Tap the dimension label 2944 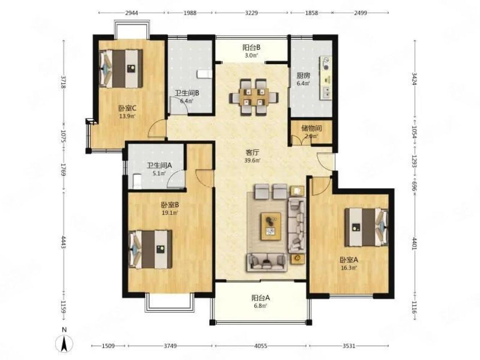coord(131,13)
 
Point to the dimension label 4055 coord(261,346)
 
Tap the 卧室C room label coord(127,108)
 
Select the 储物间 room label coord(311,128)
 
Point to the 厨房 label coord(303,76)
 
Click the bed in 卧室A coord(366,227)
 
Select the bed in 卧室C coord(121,69)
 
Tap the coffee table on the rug coord(271,226)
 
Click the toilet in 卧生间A coord(137,181)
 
